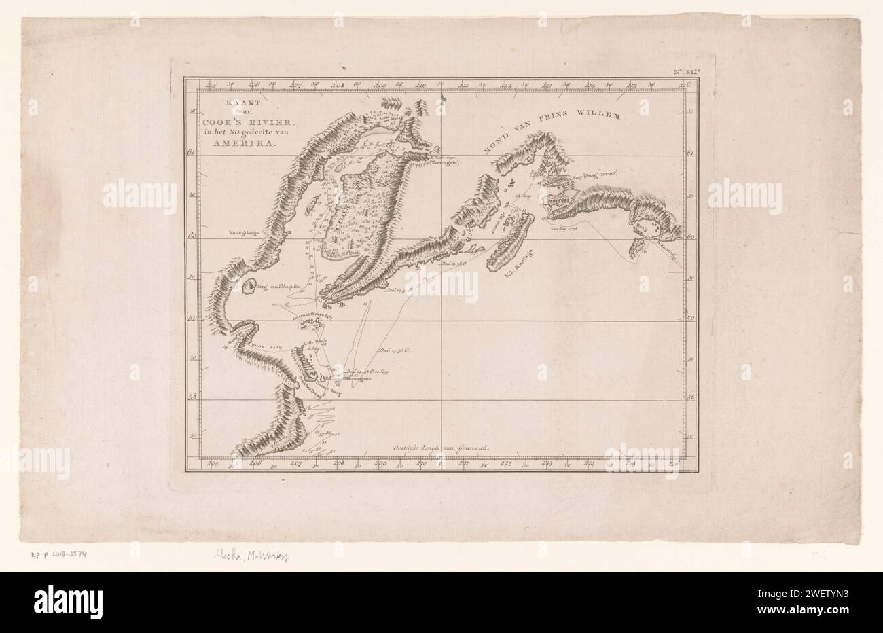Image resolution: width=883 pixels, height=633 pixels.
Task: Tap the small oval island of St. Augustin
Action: (247, 289)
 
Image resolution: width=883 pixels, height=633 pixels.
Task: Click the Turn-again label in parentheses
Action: (445, 163)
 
